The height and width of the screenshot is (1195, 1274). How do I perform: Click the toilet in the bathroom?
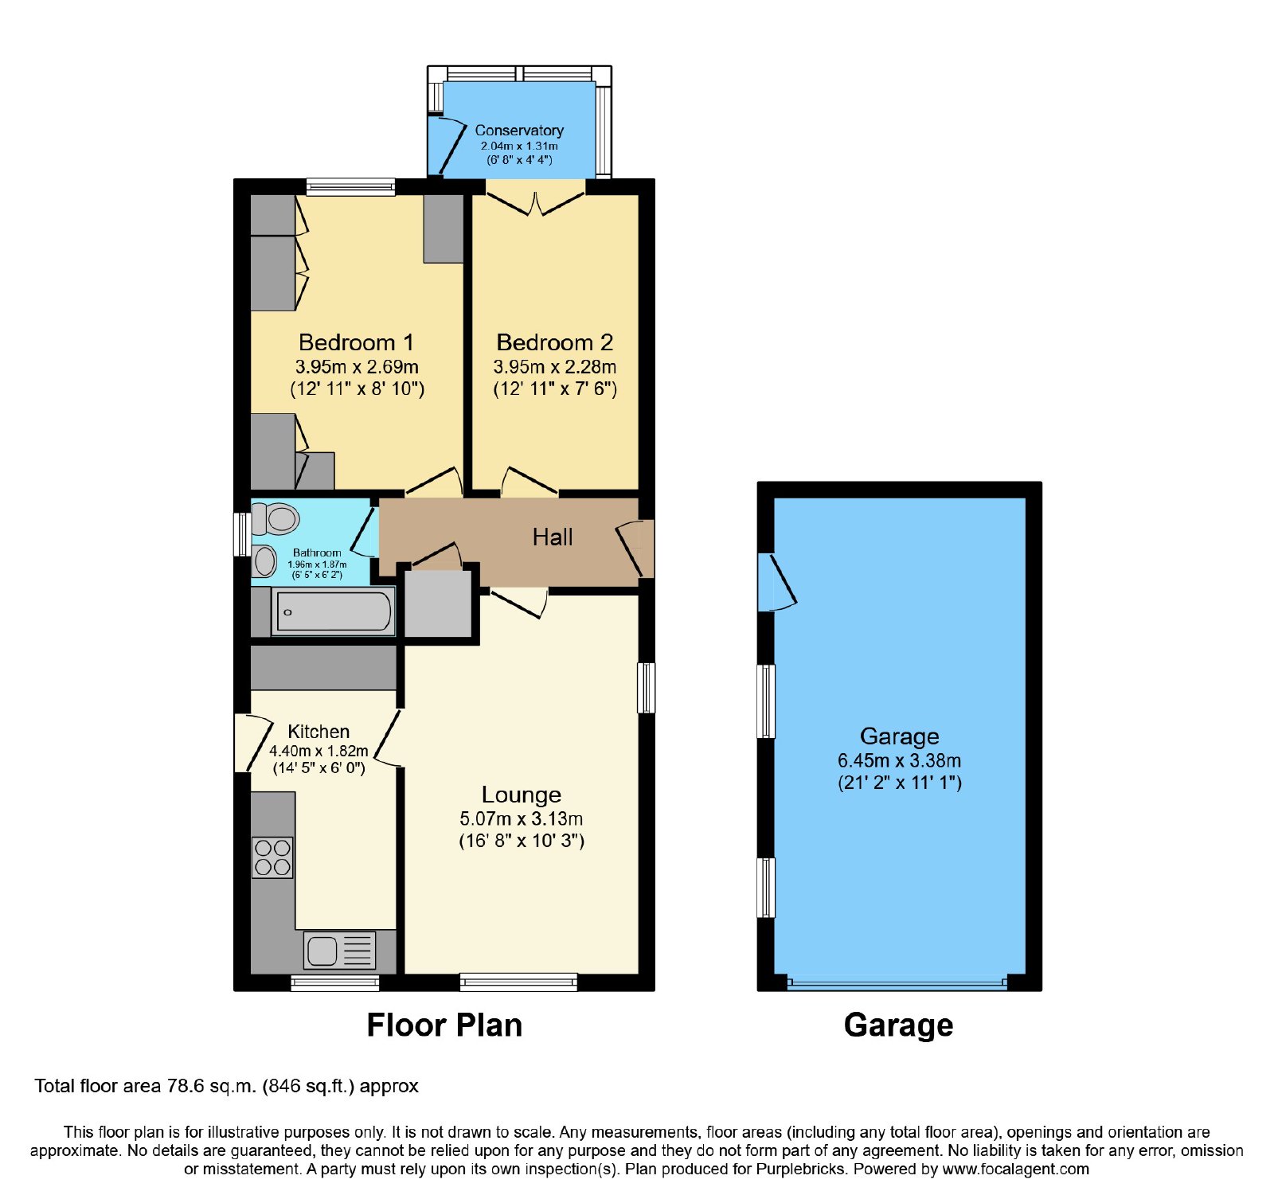pyautogui.click(x=276, y=519)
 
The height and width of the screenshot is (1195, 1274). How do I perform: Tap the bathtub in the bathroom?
pyautogui.click(x=334, y=611)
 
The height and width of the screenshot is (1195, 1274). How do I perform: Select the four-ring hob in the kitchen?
pyautogui.click(x=272, y=857)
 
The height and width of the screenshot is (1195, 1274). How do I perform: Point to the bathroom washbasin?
pyautogui.click(x=264, y=561)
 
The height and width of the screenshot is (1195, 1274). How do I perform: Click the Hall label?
pyautogui.click(x=553, y=537)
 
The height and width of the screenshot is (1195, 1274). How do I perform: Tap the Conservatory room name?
pyautogui.click(x=519, y=130)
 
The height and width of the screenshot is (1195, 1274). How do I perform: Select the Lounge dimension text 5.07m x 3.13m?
pyautogui.click(x=521, y=818)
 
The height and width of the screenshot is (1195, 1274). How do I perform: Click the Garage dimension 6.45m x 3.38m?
pyautogui.click(x=899, y=760)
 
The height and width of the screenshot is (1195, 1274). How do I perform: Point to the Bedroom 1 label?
pyautogui.click(x=356, y=342)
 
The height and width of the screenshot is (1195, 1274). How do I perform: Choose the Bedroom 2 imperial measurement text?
pyautogui.click(x=555, y=389)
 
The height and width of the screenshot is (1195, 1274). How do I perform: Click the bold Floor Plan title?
pyautogui.click(x=444, y=1025)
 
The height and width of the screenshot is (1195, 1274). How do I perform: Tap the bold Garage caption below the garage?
pyautogui.click(x=898, y=1025)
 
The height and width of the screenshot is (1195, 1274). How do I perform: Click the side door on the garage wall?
pyautogui.click(x=777, y=582)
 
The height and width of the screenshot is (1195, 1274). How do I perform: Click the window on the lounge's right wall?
pyautogui.click(x=647, y=687)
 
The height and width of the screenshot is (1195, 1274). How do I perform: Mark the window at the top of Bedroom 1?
pyautogui.click(x=350, y=187)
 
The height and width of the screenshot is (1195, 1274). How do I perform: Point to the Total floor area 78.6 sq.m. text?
pyautogui.click(x=227, y=1086)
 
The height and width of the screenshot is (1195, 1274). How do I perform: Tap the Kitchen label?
pyautogui.click(x=318, y=732)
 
